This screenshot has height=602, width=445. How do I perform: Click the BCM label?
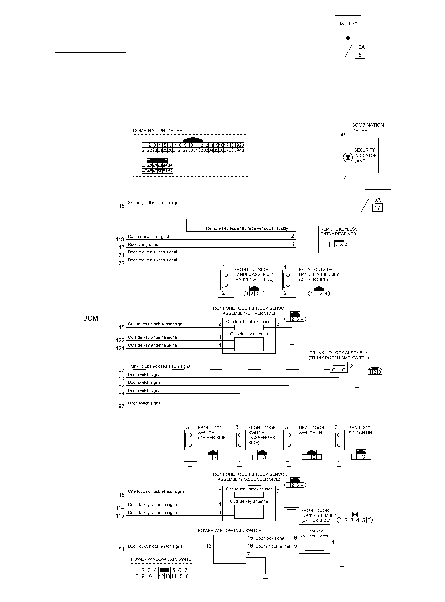coord(91,318)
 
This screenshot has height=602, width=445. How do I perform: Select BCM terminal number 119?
coord(120,240)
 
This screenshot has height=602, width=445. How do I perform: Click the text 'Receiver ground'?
coord(143,244)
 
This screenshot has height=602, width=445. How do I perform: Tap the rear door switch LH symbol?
coord(289,440)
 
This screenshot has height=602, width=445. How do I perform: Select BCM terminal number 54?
coord(121,549)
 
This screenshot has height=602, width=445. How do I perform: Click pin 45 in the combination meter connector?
coord(165,166)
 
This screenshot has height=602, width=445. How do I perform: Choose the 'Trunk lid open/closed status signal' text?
coord(159,366)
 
